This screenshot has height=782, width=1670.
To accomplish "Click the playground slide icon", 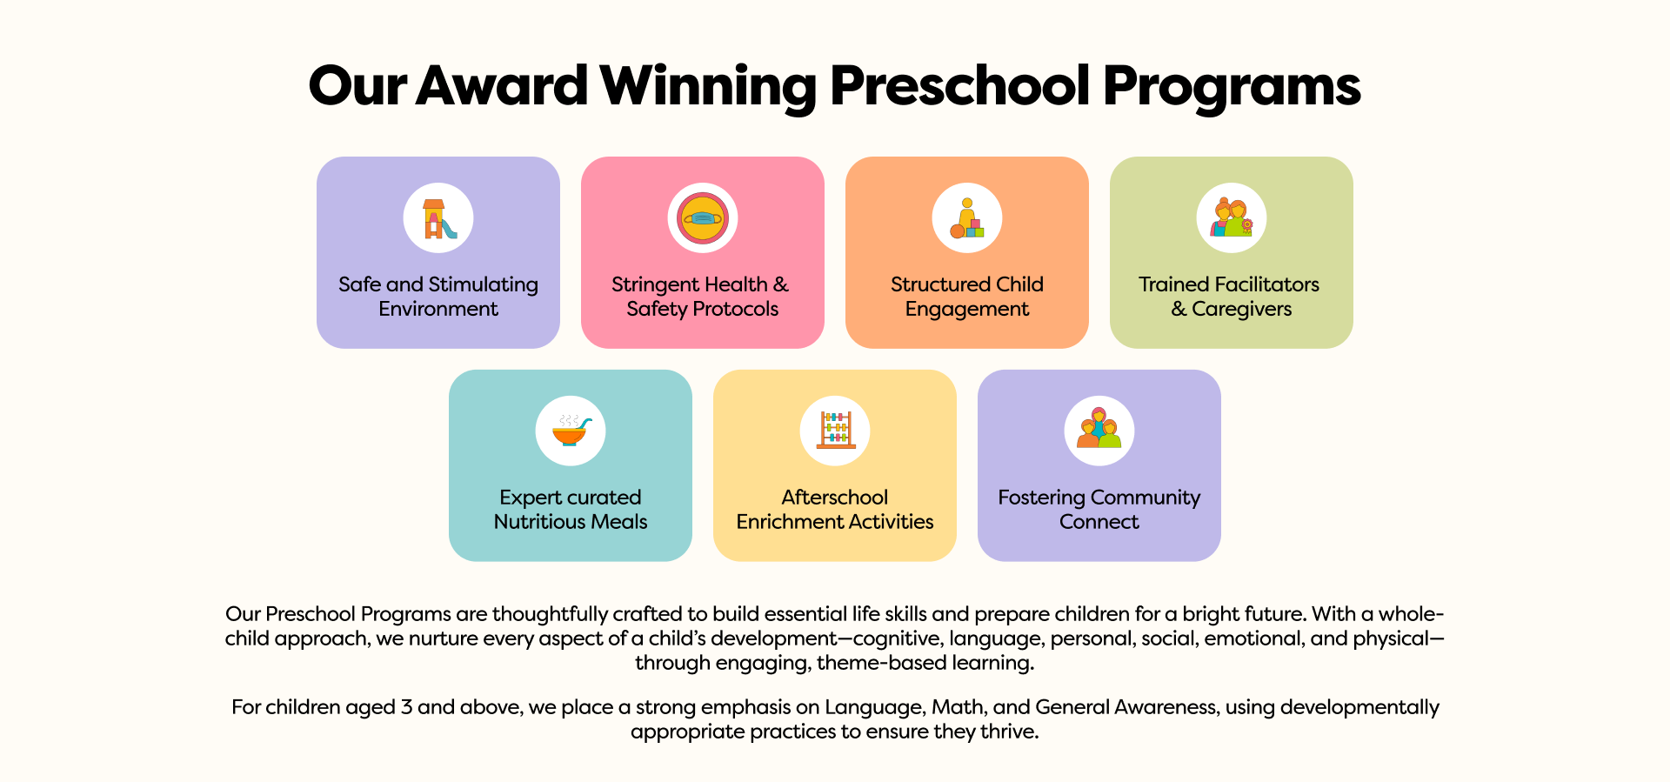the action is click(x=438, y=218).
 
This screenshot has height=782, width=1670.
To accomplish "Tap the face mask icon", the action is click(x=703, y=218).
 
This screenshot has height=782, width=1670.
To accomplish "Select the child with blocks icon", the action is click(x=967, y=218).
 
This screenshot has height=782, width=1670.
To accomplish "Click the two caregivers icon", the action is click(x=1232, y=217).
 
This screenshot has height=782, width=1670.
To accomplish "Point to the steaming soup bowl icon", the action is click(x=571, y=430).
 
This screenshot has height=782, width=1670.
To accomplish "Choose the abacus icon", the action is click(x=836, y=430).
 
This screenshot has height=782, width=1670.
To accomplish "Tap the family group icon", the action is click(x=1099, y=428).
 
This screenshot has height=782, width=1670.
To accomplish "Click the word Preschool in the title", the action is click(x=959, y=86).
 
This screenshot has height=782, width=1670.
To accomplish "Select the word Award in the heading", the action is click(x=502, y=86).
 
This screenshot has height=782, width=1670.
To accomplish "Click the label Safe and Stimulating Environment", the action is click(x=438, y=297).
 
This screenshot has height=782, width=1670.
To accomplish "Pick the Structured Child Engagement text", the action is click(x=967, y=297).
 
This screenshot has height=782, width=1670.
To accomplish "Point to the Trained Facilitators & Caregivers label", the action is click(x=1230, y=297).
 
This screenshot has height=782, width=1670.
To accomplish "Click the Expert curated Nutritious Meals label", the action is click(x=571, y=510).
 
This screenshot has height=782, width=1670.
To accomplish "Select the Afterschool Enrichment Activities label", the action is click(x=835, y=510).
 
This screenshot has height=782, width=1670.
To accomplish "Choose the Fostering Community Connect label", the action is click(x=1099, y=510).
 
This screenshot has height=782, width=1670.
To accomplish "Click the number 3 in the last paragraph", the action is click(x=406, y=707).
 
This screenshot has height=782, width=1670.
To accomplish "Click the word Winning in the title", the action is click(x=708, y=88).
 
